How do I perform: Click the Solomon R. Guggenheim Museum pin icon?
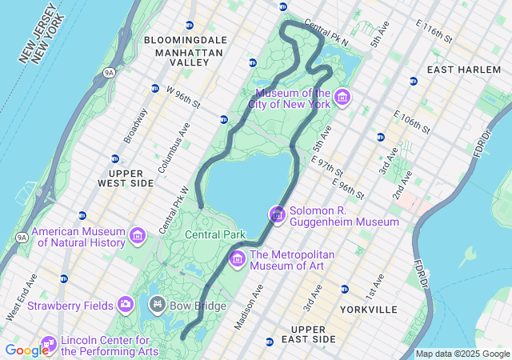click(277, 214)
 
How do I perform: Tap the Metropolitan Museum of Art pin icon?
click(237, 259)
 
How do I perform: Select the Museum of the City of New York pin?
click(343, 98)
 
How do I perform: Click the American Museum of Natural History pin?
click(138, 236)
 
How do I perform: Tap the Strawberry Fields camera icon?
click(126, 304)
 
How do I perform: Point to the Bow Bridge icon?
click(157, 305)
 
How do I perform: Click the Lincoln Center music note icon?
click(48, 344)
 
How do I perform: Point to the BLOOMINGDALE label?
click(186, 40)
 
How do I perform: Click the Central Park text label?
click(214, 234)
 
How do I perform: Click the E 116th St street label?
click(434, 32)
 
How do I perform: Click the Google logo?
click(26, 350)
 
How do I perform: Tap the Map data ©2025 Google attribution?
click(462, 354)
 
